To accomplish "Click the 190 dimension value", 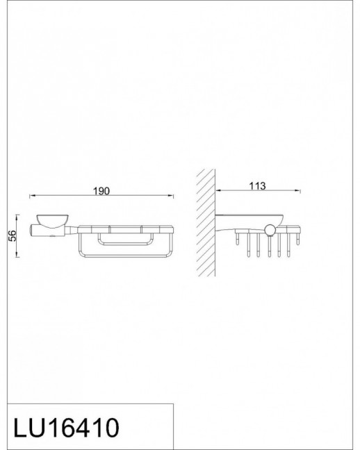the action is (x=101, y=191).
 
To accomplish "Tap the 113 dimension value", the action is (x=257, y=186).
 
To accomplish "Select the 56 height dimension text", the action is (x=13, y=235).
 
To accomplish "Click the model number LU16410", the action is (x=66, y=427).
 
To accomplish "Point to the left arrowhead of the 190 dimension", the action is (x=32, y=196).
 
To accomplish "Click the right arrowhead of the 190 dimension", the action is (x=171, y=196).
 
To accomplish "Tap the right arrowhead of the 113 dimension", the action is (x=297, y=190).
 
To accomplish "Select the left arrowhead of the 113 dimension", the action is (x=218, y=190).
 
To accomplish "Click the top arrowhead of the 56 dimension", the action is (x=17, y=217).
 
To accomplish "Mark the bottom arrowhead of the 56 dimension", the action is (x=17, y=254).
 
